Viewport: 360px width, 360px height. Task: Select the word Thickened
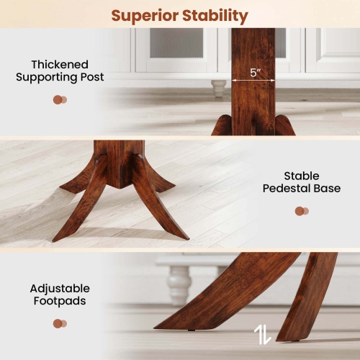click(x=60, y=63)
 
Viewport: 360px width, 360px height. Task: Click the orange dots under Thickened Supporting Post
click(x=60, y=99)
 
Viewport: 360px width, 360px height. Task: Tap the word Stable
click(x=302, y=176)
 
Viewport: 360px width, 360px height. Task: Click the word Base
click(x=325, y=189)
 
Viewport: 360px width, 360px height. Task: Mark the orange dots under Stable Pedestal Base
click(x=301, y=211)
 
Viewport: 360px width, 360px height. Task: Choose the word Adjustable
click(x=60, y=288)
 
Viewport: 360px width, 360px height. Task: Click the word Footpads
click(x=60, y=301)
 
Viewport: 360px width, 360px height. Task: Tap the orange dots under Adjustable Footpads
click(x=60, y=323)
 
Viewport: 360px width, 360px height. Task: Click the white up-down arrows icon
click(x=262, y=334)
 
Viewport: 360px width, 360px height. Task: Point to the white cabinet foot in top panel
click(x=218, y=88)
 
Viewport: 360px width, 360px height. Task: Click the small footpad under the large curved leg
click(x=193, y=330)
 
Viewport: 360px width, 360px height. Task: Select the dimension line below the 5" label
click(x=253, y=80)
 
